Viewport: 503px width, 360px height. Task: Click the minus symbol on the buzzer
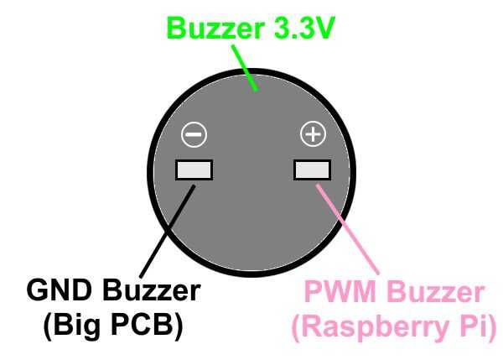point(194,133)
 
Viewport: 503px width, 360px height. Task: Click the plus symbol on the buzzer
point(313,133)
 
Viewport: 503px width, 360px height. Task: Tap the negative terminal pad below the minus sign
point(194,170)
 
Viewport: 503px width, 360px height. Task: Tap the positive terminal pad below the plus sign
point(313,170)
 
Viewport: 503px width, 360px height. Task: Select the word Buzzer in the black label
point(151,292)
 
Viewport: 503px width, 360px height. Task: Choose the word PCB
point(150,326)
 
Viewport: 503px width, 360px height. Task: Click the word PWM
point(336,293)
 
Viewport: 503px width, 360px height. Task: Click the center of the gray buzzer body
point(252,168)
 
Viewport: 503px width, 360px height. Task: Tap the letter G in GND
point(39,292)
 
